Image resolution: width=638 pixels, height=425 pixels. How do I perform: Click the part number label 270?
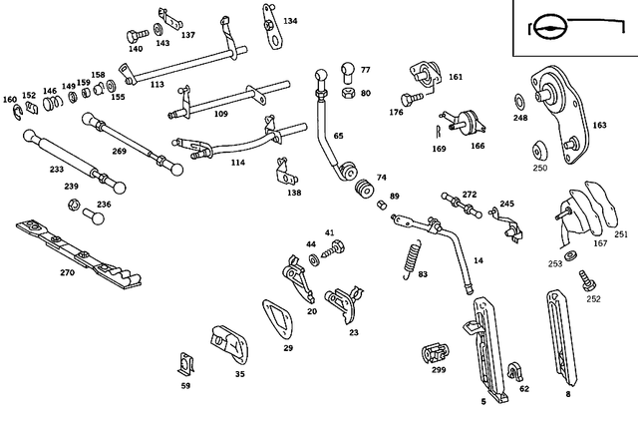[67, 272]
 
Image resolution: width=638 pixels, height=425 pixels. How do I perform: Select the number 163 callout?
[599, 126]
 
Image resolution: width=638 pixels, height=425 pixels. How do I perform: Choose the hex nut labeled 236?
[74, 206]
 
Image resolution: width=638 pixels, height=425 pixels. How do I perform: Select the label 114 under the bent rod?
[237, 163]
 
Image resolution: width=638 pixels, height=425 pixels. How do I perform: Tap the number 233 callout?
[57, 170]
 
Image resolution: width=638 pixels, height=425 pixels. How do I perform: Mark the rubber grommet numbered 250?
[539, 151]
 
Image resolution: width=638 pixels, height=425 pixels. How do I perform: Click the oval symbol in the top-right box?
[546, 27]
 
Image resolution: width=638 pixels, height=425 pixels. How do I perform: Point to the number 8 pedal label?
[568, 395]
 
